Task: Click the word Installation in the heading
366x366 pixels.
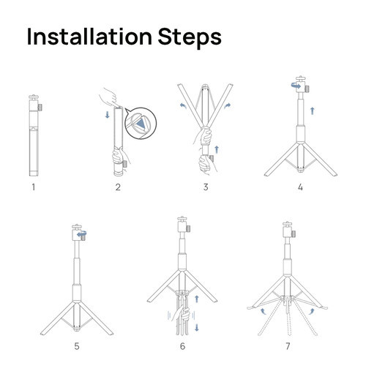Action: point(89,37)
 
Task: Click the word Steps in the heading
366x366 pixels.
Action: point(190,38)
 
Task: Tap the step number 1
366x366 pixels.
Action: point(34,187)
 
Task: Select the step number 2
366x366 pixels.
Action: point(118,187)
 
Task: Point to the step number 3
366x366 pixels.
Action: point(206,187)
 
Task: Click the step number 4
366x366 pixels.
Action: point(300,187)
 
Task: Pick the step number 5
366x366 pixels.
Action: point(77,346)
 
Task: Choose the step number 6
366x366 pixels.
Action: point(182,346)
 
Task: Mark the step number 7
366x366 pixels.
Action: point(288,346)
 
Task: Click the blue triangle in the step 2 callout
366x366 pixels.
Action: point(141,124)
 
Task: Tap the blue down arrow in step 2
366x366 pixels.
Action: point(108,115)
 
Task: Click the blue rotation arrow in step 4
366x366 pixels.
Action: point(296,86)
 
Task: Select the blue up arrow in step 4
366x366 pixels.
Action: point(313,111)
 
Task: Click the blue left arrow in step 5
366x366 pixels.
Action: point(82,234)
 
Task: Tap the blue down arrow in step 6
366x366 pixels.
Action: point(197,327)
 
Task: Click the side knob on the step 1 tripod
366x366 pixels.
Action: point(40,108)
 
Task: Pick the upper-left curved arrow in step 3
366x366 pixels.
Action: point(183,106)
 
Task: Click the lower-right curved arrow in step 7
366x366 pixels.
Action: point(312,311)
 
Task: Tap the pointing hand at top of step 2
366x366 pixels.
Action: point(109,97)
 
